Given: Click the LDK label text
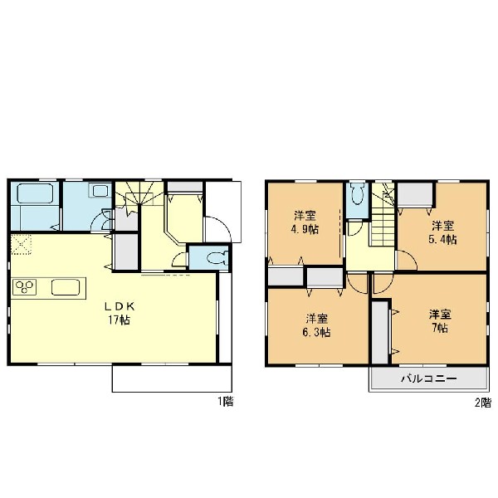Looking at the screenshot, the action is (120, 306).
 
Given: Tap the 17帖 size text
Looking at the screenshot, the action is (119, 320).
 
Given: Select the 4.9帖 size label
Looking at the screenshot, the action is (305, 229).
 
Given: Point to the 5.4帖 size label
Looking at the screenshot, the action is (443, 240).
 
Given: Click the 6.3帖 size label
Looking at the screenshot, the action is (317, 333).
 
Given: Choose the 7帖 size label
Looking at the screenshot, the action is (440, 328).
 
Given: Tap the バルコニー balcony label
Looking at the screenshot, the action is (429, 378).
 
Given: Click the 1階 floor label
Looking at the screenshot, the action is (226, 402).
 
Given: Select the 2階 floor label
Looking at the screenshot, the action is (483, 403).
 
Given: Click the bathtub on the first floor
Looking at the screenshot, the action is (35, 193).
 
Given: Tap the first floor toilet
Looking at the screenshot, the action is (217, 257).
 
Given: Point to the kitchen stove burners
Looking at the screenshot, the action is (24, 287).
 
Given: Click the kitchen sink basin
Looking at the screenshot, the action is (66, 287).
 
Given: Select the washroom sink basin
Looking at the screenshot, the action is (100, 191).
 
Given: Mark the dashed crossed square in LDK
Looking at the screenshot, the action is (22, 245).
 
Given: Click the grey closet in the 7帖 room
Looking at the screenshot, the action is (380, 332).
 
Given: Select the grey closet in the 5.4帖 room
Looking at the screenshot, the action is (416, 194).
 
